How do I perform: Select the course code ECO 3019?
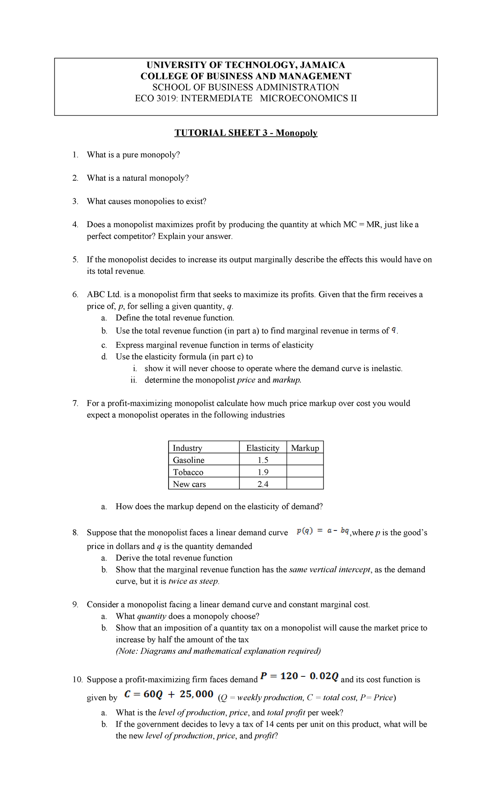tap(151, 98)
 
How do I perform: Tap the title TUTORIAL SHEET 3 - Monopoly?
tap(246, 133)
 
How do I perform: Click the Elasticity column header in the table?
tap(262, 448)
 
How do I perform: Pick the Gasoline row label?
tap(189, 460)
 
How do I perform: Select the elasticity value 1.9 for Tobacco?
tap(263, 472)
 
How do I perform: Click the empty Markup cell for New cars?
tap(305, 484)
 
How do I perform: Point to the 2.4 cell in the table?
tap(263, 484)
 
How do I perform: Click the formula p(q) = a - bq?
tap(323, 531)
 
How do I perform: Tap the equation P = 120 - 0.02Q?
tap(299, 676)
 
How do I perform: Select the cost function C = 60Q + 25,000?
tap(169, 694)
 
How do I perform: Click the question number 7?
tap(75, 403)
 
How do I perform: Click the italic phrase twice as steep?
tap(194, 581)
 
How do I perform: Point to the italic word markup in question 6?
tap(286, 380)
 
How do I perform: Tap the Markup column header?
tap(305, 448)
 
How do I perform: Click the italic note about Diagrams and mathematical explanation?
tap(218, 651)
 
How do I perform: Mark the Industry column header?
tap(187, 448)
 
